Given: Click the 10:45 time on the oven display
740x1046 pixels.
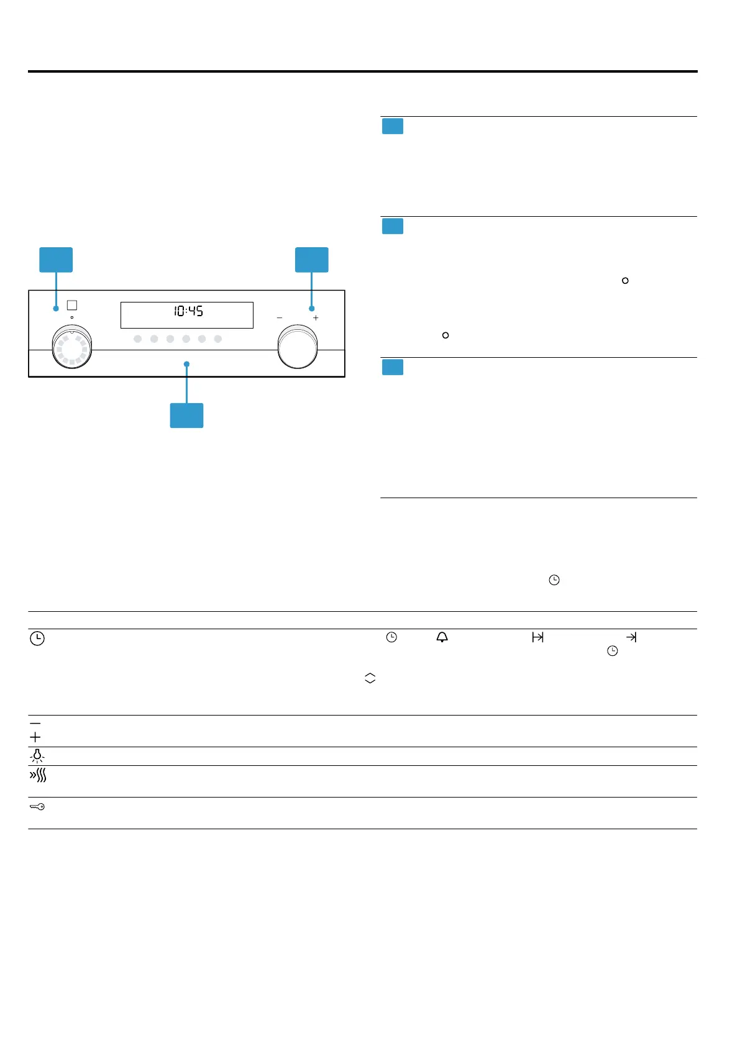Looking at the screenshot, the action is tap(188, 311).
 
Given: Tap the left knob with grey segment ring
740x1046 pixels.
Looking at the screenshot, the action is tap(72, 347).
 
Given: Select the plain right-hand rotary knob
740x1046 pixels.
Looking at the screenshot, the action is tap(298, 347).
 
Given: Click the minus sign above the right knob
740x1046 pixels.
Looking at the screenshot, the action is tap(280, 317).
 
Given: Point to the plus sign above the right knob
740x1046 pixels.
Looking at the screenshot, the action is tap(316, 317).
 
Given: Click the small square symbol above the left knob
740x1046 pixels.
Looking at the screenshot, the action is tap(72, 305).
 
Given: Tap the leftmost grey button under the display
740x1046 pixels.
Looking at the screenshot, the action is tap(138, 339).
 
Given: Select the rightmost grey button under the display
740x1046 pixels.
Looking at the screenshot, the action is tap(217, 339).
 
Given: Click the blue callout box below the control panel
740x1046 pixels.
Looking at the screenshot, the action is tap(186, 415).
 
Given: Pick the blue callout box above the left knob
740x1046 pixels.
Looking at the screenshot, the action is tap(56, 260).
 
